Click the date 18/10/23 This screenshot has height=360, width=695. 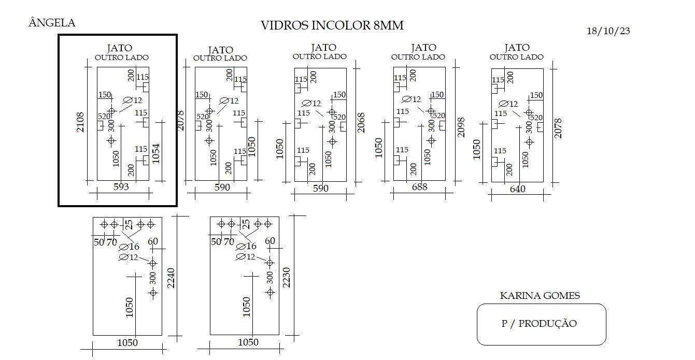point(608,31)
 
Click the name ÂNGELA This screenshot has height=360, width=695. point(52,23)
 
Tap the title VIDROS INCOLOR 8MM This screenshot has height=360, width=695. point(332,25)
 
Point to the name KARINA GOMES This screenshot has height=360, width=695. point(540,295)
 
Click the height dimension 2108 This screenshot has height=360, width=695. point(80,122)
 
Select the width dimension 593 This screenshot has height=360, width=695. point(121,186)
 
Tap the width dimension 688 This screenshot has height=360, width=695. point(419,187)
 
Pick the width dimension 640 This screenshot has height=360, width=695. point(518,189)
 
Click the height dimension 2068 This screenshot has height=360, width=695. point(361,123)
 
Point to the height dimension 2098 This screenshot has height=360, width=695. point(461,127)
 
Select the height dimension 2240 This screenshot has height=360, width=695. point(171,278)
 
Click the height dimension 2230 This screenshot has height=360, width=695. point(287,278)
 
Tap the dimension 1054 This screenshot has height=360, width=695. point(156,153)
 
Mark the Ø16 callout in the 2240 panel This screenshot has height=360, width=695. point(129,247)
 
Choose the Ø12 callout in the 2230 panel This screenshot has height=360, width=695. point(246,257)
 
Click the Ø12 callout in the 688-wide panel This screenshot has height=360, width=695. point(411,99)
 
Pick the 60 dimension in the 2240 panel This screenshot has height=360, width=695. point(153,241)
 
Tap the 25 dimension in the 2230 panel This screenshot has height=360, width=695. point(246,224)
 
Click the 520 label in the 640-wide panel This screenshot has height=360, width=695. point(536,118)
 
